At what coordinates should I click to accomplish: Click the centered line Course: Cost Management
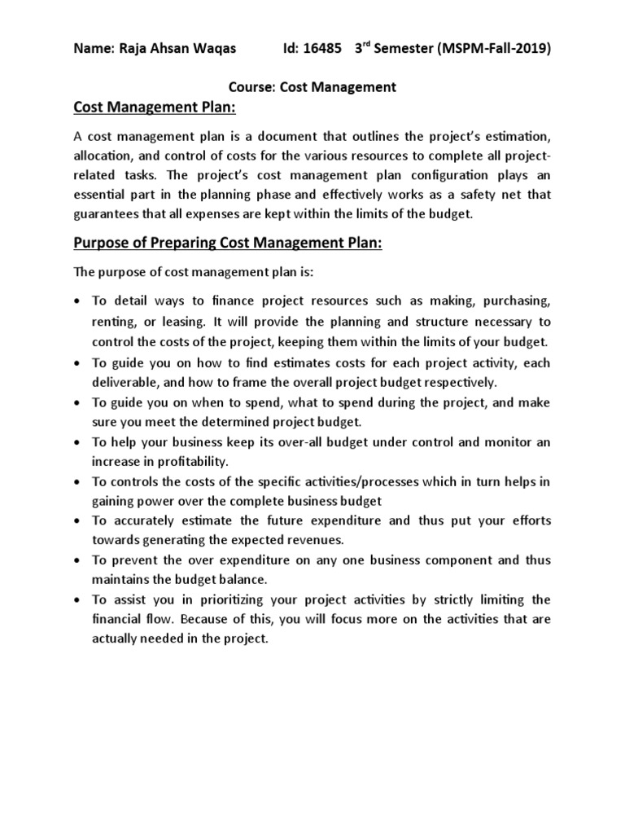coord(311,87)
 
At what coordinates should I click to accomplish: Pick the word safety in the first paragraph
coord(468,195)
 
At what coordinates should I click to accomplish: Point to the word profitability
coord(182,462)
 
